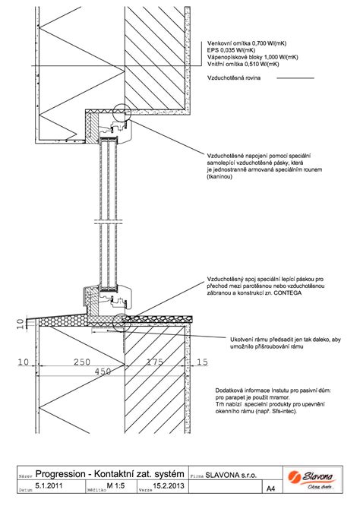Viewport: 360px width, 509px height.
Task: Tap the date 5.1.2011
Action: (49, 485)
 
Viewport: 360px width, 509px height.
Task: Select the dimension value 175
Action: (154, 363)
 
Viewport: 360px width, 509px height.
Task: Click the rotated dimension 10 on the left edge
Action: (19, 327)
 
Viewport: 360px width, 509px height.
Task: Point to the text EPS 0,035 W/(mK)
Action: (232, 51)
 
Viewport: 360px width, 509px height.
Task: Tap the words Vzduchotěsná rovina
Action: (232, 77)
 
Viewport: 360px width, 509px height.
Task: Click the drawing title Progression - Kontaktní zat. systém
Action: (110, 475)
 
